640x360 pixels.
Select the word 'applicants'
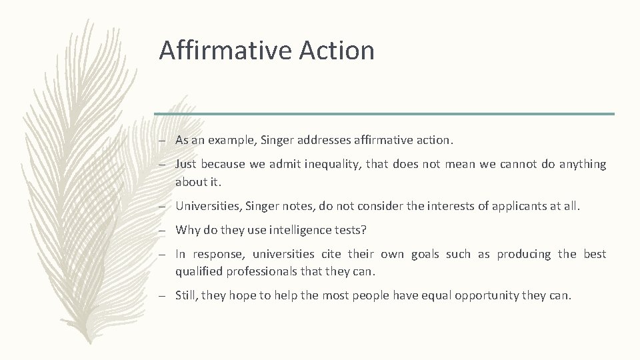tap(518, 207)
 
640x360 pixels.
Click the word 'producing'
tap(525, 254)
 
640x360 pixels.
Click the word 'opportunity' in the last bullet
tap(487, 295)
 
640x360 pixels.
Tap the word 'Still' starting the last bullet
tap(188, 295)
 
